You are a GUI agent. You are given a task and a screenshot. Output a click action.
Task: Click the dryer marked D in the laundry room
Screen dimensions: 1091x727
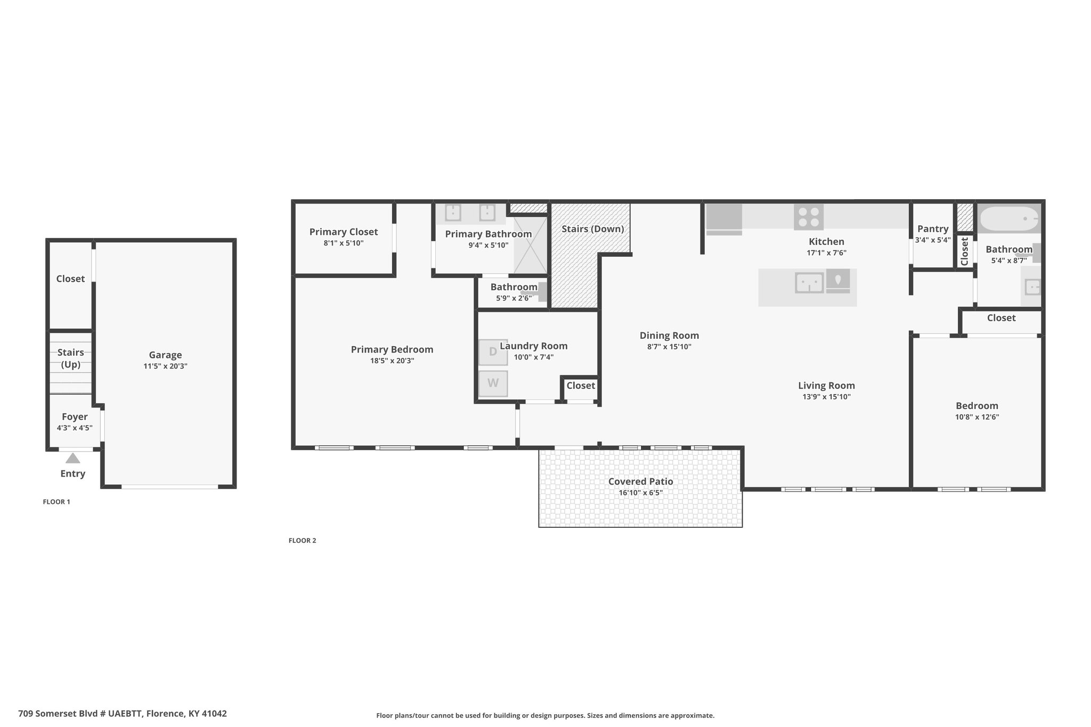493,352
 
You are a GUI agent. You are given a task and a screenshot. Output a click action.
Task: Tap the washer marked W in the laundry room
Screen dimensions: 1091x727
493,383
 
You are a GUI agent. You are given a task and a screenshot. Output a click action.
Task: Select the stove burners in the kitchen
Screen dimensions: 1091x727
809,217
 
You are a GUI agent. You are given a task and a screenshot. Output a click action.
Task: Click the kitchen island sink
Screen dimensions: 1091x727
809,282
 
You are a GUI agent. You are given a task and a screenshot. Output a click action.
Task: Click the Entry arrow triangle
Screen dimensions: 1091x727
73,458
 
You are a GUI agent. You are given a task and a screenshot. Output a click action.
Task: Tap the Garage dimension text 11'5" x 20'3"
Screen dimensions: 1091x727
165,366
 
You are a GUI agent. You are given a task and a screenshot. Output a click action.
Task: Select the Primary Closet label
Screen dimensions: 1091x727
344,232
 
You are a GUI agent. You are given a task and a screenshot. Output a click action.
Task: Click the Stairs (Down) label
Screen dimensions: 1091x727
593,229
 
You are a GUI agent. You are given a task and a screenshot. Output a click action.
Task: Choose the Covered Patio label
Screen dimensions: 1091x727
641,481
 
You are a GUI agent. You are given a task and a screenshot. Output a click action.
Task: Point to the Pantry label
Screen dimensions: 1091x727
933,229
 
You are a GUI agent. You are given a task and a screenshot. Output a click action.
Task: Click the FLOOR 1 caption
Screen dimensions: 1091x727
56,502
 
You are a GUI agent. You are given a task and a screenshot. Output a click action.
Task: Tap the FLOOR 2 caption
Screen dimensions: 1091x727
303,541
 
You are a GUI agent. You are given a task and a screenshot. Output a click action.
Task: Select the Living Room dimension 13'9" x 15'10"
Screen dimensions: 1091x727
827,397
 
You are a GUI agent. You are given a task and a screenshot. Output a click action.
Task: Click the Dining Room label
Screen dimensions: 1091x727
670,336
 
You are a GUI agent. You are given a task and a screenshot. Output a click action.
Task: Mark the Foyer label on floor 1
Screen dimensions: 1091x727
75,417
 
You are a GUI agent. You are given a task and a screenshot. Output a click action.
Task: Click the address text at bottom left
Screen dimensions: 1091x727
123,714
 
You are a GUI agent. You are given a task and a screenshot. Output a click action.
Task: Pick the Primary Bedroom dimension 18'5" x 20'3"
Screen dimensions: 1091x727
392,361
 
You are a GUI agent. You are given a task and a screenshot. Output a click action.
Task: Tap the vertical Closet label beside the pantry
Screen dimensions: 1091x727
964,251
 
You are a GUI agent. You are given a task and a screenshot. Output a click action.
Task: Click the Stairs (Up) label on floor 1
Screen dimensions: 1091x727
71,358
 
